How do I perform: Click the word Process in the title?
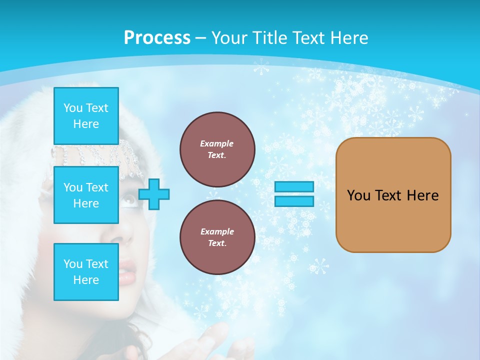[157, 37]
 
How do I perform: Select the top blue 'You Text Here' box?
[86, 116]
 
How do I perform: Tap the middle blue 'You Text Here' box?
[86, 195]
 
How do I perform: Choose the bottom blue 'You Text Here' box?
[86, 272]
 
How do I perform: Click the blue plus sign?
[154, 194]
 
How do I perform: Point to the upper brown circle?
[217, 149]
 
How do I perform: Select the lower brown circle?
[217, 237]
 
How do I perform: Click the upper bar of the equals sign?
[294, 187]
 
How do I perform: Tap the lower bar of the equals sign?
[294, 201]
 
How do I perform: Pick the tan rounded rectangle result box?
[393, 195]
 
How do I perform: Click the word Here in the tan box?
[422, 195]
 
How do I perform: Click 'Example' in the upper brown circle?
[217, 143]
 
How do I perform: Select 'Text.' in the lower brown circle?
[217, 243]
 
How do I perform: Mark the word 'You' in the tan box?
[358, 195]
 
